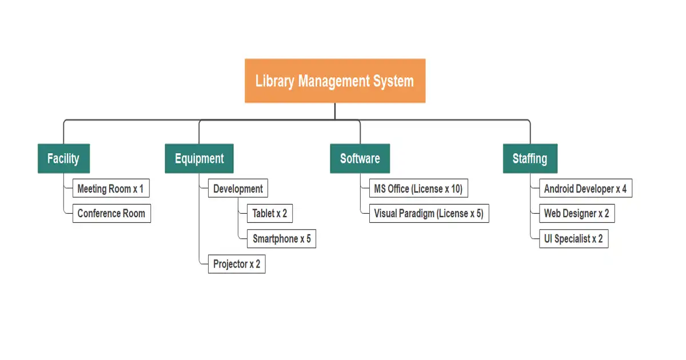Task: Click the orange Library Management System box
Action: (335, 81)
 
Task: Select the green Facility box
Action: (63, 158)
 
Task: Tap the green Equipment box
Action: (199, 158)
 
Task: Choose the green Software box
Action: (360, 158)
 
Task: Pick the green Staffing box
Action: (529, 158)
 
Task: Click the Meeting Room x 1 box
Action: (111, 189)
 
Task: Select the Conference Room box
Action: (111, 214)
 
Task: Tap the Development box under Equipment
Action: (238, 189)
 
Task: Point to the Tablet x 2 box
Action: (270, 214)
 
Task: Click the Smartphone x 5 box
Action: (282, 239)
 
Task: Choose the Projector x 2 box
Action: (237, 264)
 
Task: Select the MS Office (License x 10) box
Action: (418, 189)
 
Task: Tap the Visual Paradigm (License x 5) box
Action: (429, 214)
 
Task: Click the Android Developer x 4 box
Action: (585, 189)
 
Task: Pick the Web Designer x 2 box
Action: (576, 214)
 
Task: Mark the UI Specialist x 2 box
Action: (573, 239)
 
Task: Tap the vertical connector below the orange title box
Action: (335, 111)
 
